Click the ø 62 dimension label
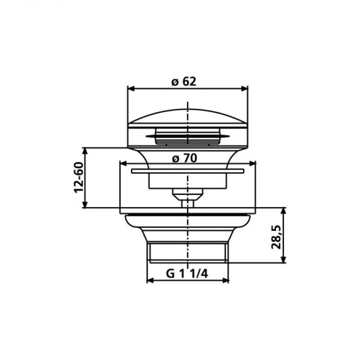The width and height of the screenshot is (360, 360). pos(184,81)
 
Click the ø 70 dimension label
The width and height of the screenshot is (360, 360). pos(184,158)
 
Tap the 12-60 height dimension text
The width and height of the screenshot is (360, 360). pos(78,177)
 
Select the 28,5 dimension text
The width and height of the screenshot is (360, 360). pos(276,237)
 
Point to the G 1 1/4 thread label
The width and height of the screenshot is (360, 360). pos(187,274)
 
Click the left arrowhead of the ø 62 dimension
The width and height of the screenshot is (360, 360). pos(131,89)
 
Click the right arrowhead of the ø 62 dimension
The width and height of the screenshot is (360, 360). pos(244,89)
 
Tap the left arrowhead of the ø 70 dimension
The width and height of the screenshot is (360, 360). pos(123,164)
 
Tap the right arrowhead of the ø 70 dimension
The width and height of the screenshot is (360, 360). pos(252,164)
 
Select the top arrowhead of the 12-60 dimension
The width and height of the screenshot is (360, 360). pos(85,151)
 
